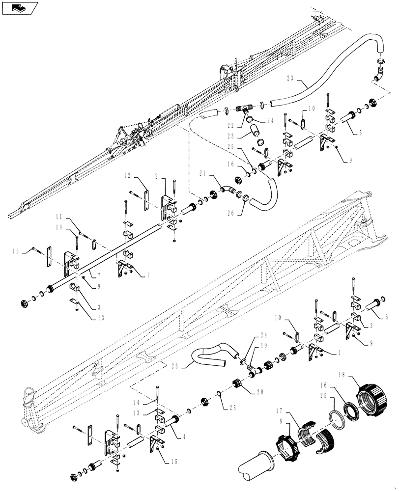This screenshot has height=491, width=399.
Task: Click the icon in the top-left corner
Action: pyautogui.click(x=19, y=8)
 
